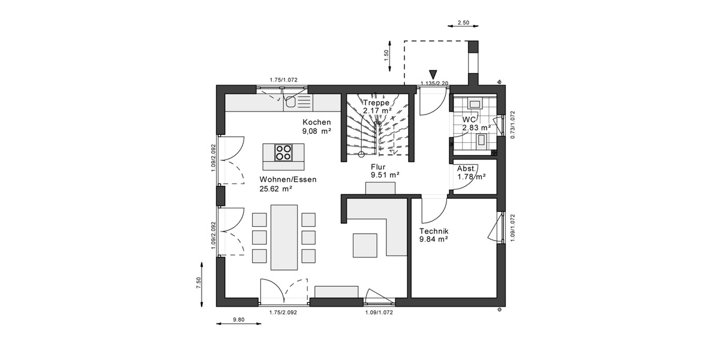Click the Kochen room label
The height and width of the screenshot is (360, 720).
[316, 122]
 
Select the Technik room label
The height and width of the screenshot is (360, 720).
[434, 231]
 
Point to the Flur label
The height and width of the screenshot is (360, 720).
[378, 166]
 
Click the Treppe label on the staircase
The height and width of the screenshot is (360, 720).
[377, 103]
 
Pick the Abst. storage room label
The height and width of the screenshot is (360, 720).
[467, 169]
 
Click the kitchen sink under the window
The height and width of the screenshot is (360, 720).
[292, 102]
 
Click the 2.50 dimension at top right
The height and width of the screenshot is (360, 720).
[463, 23]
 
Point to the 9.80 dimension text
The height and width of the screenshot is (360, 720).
[238, 320]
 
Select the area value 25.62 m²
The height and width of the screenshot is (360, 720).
[275, 188]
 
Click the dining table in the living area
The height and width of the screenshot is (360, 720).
[284, 238]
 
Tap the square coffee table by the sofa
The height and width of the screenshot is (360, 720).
[365, 244]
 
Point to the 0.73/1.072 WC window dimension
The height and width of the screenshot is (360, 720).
[512, 125]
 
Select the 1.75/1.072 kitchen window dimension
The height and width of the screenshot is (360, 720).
[283, 79]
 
